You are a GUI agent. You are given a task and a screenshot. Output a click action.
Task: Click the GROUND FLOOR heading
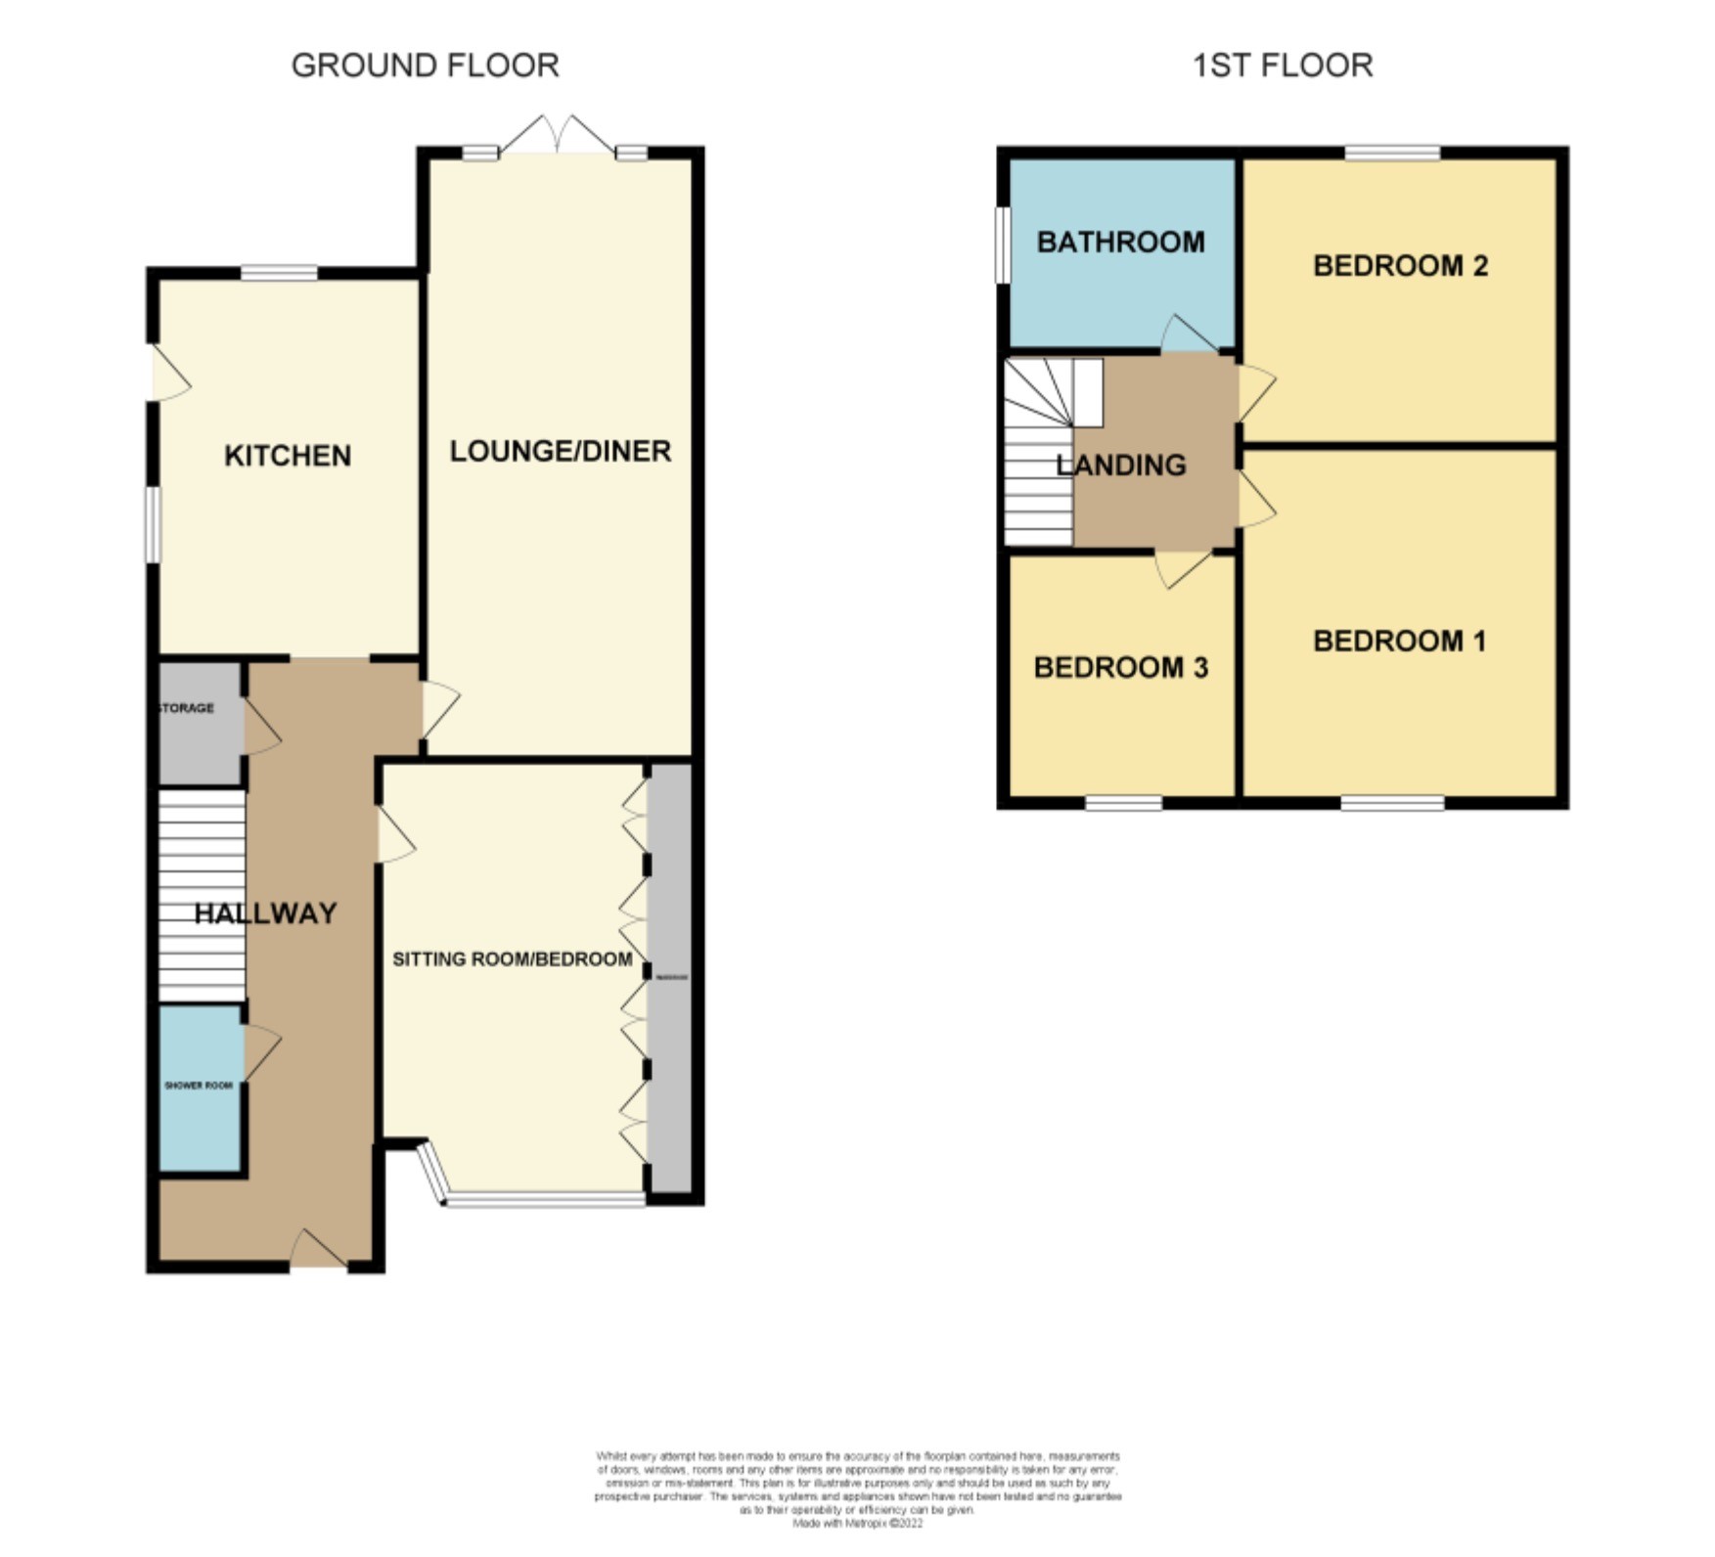coord(425,66)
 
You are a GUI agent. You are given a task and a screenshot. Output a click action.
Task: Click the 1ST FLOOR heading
coord(1282,66)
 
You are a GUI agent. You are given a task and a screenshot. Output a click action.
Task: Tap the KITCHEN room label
coord(288,456)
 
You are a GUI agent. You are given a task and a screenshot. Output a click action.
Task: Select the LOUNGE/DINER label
coord(560,451)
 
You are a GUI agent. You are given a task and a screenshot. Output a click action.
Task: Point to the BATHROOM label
coord(1120,243)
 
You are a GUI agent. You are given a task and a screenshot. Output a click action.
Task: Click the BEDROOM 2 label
coord(1400,266)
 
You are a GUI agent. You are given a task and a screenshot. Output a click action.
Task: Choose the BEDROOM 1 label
coord(1399,642)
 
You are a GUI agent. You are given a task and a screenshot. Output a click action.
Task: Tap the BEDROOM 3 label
coord(1120,668)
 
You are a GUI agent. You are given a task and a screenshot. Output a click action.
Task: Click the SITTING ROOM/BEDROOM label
coord(512,959)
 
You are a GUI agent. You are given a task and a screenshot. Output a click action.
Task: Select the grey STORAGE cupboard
coord(201,724)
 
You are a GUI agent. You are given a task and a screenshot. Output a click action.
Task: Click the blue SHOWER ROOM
coord(200,1088)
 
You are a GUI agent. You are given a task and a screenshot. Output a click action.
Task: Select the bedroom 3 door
coord(1182,568)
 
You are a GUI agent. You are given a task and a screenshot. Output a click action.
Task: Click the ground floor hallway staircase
coord(202,895)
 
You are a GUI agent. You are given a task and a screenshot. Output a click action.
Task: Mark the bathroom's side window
coord(1002,245)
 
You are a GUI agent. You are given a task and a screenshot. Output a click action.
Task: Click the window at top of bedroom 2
coord(1391,153)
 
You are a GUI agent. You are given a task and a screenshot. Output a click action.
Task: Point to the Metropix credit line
coord(857,1523)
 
